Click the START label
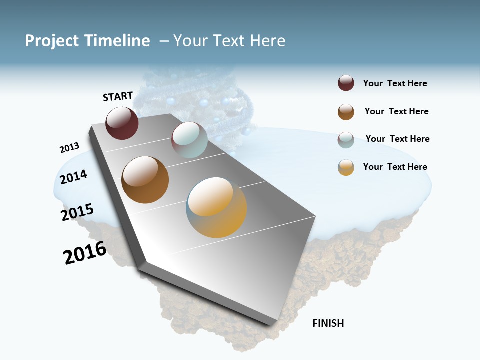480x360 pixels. coord(118,96)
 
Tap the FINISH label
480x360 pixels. coord(328,323)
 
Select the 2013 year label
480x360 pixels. coord(69,148)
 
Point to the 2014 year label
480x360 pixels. coord(73,177)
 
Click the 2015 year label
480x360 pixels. coord(77,212)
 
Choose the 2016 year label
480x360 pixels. coord(85,253)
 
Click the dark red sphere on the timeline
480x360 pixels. coord(122,123)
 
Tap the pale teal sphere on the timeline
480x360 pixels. coord(189,140)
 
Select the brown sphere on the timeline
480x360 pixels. coord(145,180)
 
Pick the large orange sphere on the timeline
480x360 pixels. coord(216,207)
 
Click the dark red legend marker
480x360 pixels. coord(346,83)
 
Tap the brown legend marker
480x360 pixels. coord(346,112)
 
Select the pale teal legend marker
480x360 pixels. coord(346,140)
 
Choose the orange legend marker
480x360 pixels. coord(346,167)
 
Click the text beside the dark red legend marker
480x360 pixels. coord(395,83)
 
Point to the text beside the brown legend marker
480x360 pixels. coord(396,111)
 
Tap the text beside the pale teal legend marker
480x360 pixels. coord(397,139)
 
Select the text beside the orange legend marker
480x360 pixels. coord(395,167)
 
